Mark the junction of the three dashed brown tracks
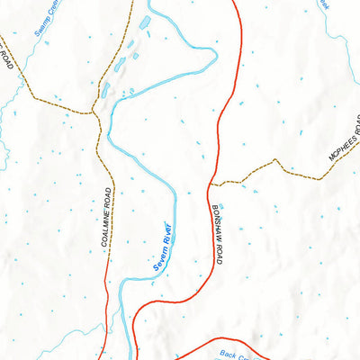point(94,112)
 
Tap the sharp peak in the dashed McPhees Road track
point(275,161)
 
